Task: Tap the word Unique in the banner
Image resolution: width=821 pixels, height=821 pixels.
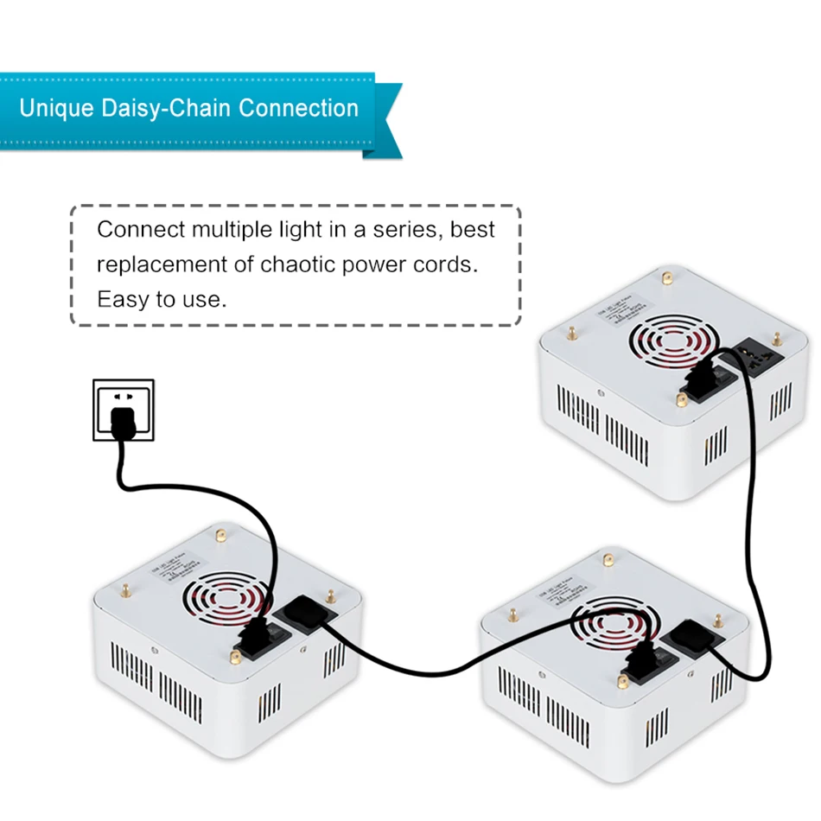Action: click(50, 109)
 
